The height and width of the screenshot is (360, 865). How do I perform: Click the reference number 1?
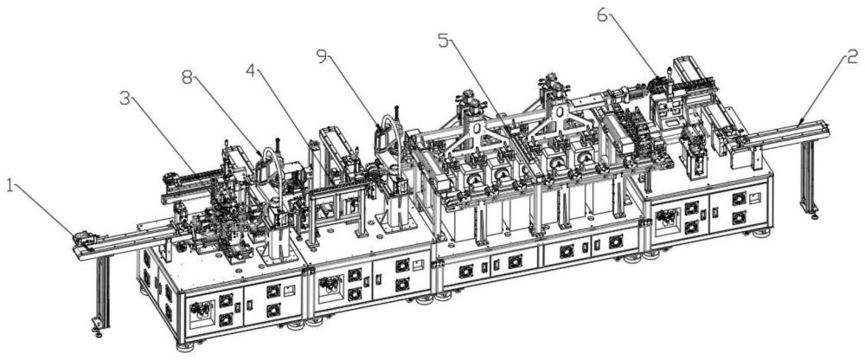pos(10,186)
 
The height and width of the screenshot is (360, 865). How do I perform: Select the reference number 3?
pos(126,99)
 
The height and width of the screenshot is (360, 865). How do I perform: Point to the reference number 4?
pos(251,71)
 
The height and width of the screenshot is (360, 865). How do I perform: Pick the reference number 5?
pos(444,41)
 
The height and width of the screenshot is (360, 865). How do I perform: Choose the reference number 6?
pos(602,16)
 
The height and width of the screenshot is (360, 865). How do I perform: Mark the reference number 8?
pos(188,79)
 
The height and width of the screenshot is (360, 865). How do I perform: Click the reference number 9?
pos(323,55)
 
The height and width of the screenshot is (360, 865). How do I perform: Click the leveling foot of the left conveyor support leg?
pos(98,331)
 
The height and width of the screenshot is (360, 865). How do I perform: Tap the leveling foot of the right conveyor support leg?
pos(814,215)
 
